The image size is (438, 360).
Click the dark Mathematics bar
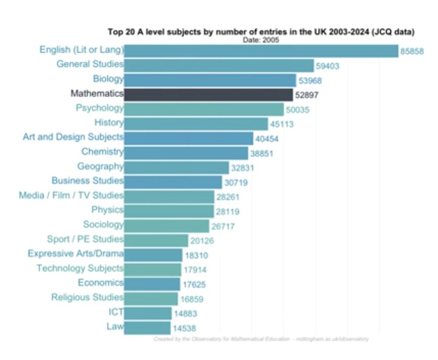point(208,94)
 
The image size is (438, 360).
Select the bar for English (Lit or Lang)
point(261,51)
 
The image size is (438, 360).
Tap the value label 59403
point(327,66)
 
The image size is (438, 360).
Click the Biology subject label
point(108,79)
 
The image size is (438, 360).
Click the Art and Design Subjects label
point(73,137)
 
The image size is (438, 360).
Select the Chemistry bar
point(186,152)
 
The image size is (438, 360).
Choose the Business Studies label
point(87,181)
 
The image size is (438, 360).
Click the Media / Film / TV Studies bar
point(169,197)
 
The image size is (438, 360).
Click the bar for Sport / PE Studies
point(156,240)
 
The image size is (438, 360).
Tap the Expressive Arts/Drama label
point(76,253)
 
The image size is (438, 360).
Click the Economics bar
point(152,284)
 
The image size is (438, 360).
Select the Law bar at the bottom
point(147,328)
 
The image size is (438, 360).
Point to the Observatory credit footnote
point(261,339)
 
